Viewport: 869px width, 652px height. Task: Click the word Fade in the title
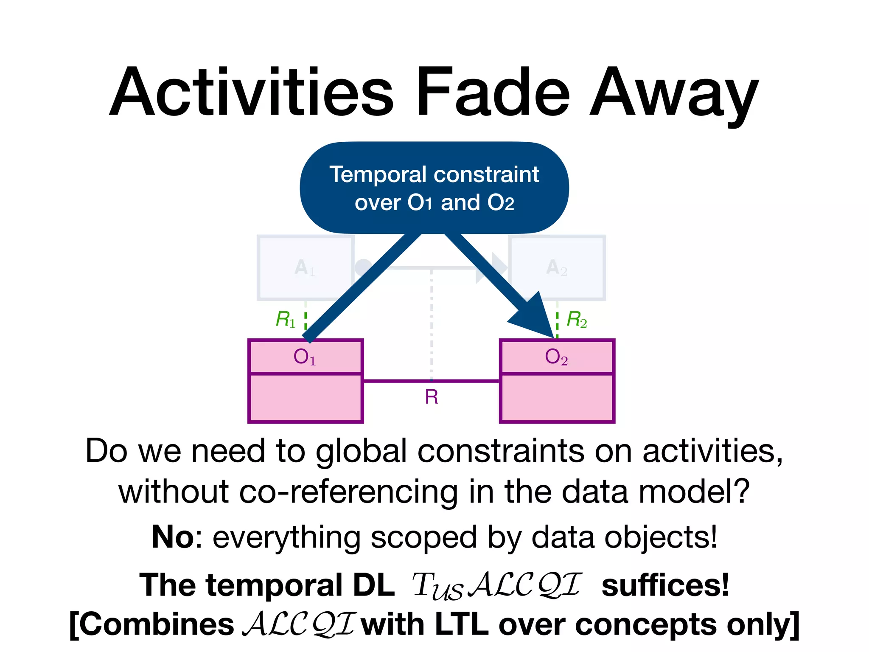493,92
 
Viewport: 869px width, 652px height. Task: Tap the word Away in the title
674,96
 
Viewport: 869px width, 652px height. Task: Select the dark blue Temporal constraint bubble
434,188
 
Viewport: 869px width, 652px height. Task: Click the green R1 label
286,319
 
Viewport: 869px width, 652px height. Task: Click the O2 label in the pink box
556,357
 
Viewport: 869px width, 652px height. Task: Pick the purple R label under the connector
432,397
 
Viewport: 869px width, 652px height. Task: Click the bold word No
173,537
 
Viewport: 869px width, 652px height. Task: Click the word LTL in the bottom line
461,625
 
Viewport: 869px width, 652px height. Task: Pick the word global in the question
361,451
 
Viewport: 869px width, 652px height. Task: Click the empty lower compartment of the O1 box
306,398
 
